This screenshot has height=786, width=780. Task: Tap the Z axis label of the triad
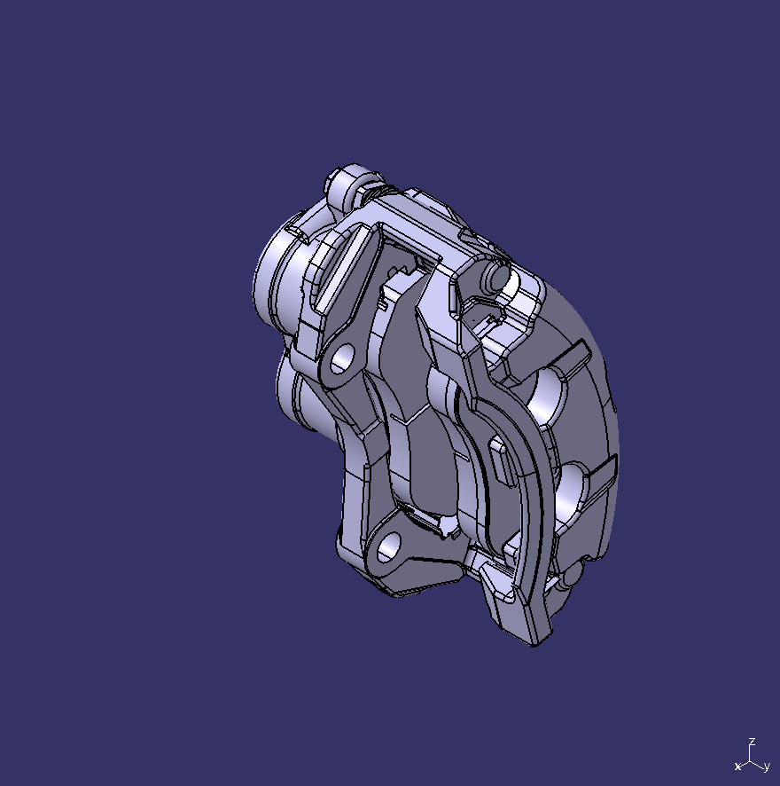point(752,741)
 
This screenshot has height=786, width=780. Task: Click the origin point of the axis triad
point(751,759)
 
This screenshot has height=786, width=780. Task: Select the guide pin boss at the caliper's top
point(348,181)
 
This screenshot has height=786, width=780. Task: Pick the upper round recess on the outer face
point(550,395)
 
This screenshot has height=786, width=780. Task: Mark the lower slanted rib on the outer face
point(599,471)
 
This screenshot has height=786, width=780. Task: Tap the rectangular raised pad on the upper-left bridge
point(341,266)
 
